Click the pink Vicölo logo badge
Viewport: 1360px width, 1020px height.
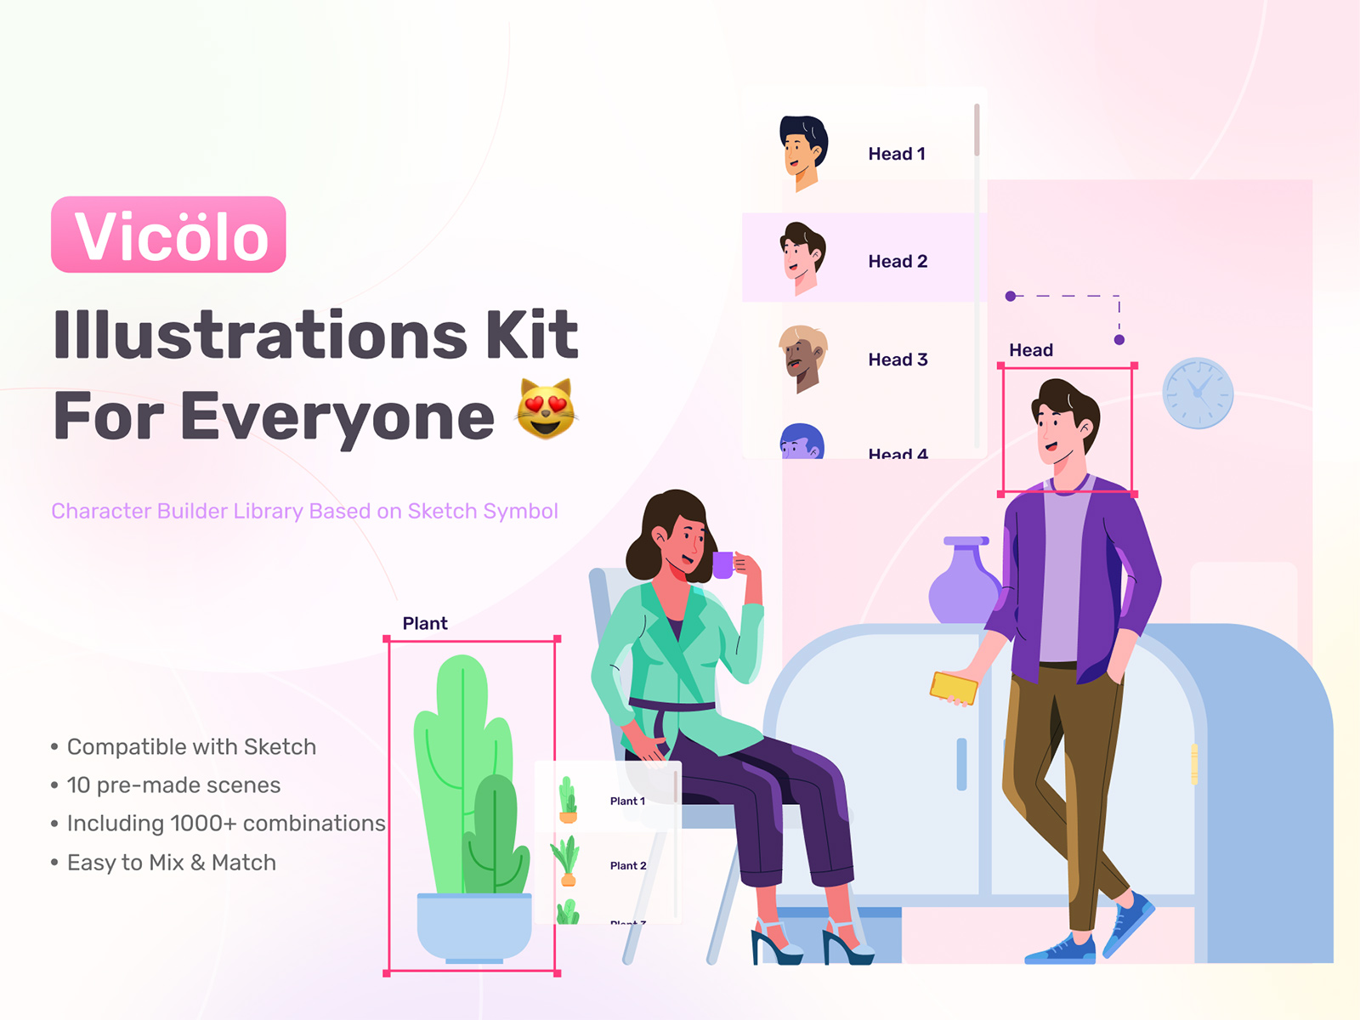pos(168,235)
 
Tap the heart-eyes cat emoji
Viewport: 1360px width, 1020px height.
pos(546,409)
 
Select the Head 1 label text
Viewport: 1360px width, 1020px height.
pos(896,154)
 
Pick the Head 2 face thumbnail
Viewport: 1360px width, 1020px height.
pos(802,258)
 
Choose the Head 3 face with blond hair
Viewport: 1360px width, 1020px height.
pos(802,358)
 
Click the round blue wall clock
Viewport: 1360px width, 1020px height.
pos(1198,393)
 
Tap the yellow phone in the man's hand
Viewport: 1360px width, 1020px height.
pos(954,688)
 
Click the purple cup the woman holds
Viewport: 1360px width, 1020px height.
pos(722,564)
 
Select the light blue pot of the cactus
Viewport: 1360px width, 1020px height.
pos(474,926)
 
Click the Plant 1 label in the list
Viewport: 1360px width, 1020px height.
pos(627,801)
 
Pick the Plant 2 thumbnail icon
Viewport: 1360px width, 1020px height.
pos(567,860)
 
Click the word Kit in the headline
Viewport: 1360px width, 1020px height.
pos(532,335)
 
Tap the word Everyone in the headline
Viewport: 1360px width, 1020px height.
pos(337,416)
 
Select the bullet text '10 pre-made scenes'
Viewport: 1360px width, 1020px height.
pos(173,785)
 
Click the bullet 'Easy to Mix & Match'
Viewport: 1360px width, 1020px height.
pos(171,863)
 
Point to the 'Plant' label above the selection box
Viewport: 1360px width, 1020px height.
pos(425,623)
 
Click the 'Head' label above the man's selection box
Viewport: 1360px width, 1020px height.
pos(1030,350)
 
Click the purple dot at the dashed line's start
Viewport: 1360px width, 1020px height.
pos(1011,296)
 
